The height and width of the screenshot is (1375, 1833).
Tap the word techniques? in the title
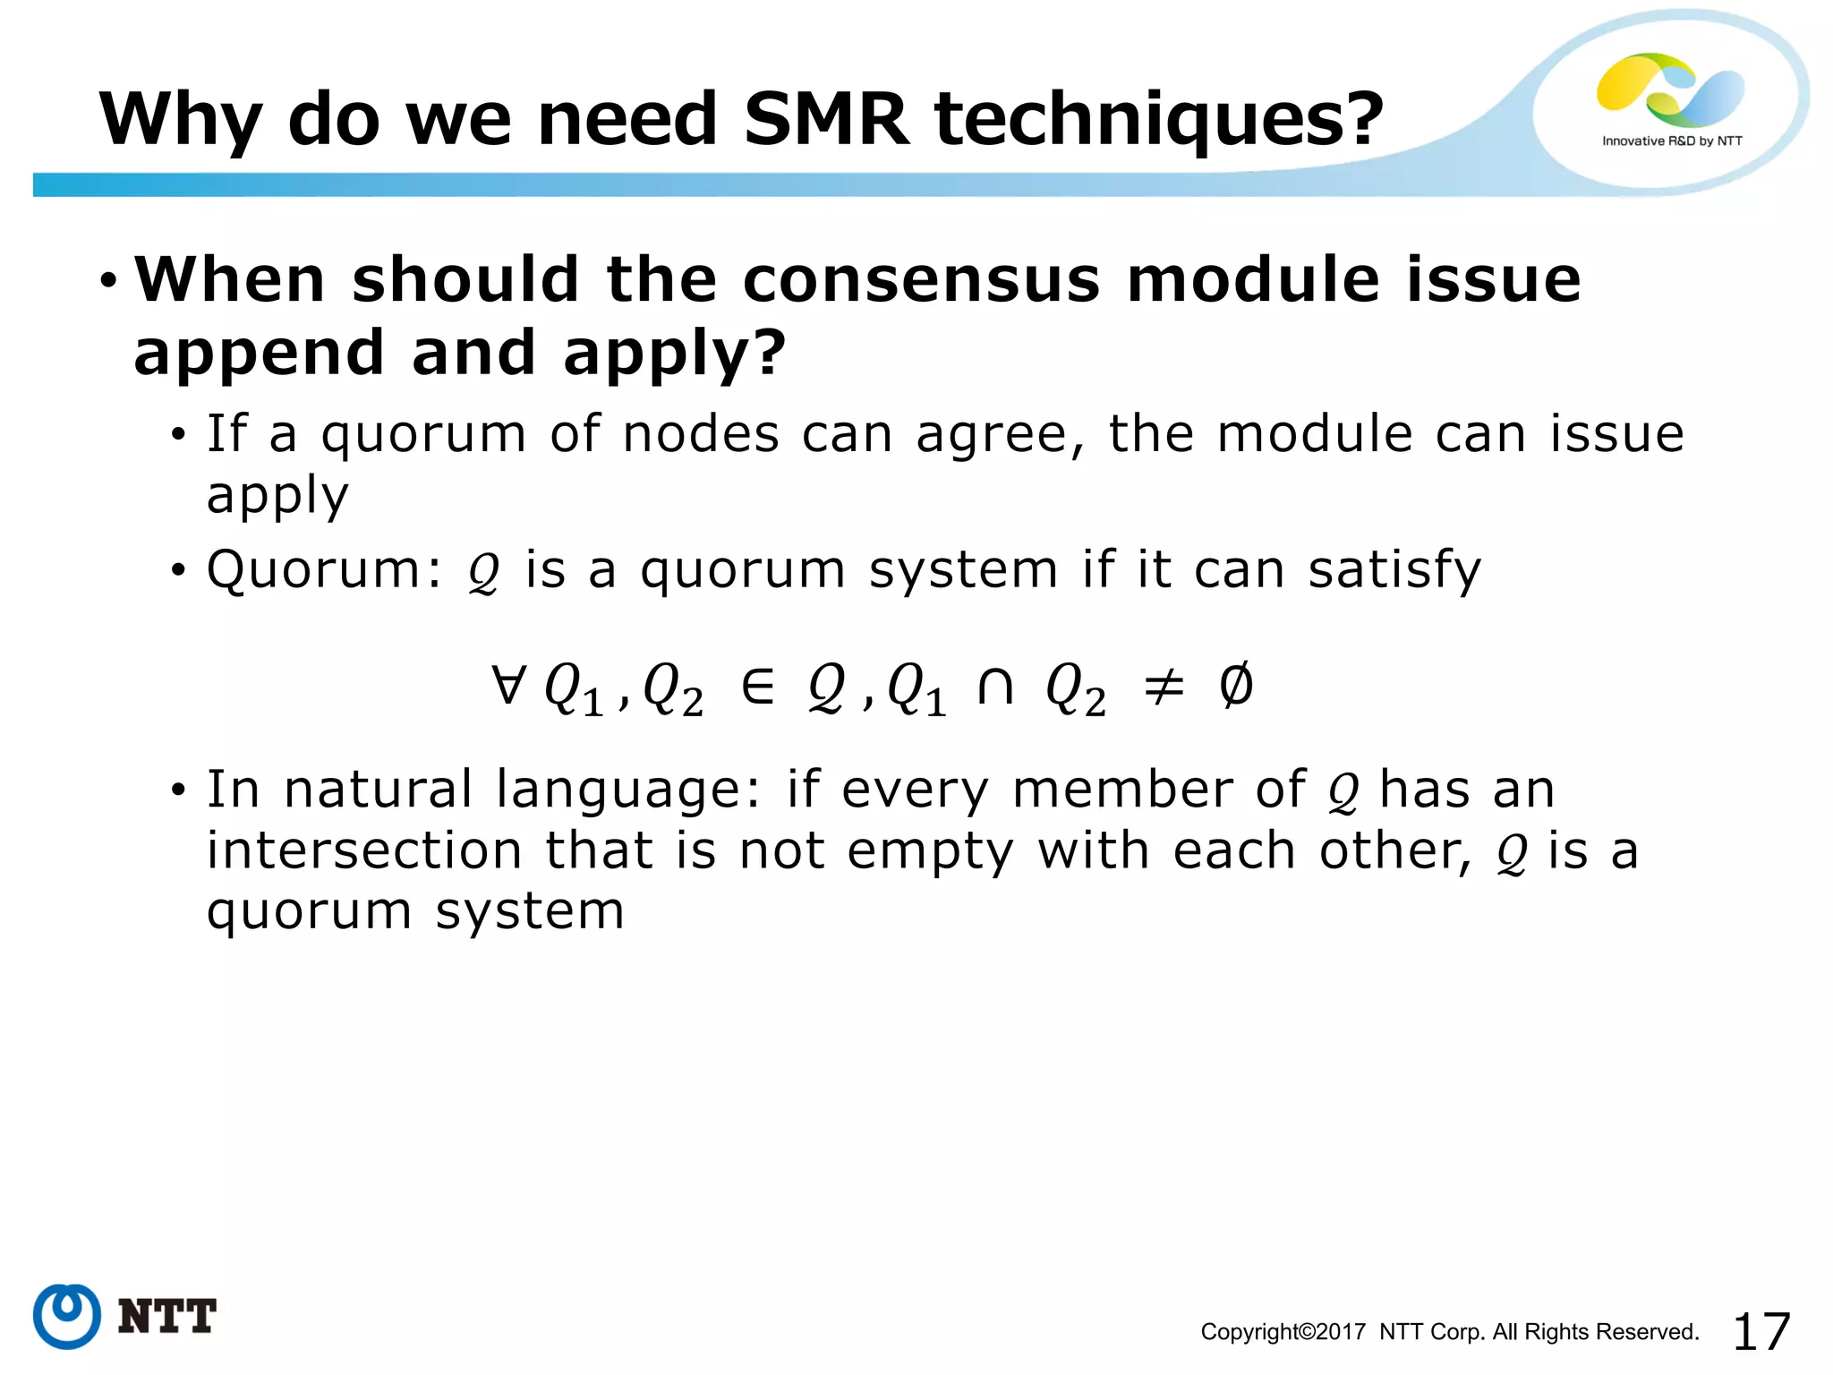(x=1159, y=121)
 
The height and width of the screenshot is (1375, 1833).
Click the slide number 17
(x=1761, y=1331)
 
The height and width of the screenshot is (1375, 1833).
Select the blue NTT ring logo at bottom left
(x=66, y=1316)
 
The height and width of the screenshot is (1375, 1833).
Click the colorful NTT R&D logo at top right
(x=1670, y=89)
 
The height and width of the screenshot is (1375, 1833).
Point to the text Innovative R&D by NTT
(x=1672, y=141)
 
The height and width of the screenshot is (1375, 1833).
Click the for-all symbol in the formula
(x=507, y=685)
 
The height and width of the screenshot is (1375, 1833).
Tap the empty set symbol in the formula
(x=1236, y=686)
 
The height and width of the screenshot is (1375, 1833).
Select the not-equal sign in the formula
(x=1164, y=687)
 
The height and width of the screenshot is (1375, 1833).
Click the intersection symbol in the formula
(x=995, y=687)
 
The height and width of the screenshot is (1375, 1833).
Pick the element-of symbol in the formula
(x=758, y=687)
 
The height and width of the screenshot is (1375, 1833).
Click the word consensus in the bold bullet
(x=921, y=279)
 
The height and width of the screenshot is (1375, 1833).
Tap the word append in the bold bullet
(x=259, y=354)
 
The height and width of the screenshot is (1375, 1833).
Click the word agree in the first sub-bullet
(x=1001, y=435)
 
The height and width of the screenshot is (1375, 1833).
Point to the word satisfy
(x=1394, y=570)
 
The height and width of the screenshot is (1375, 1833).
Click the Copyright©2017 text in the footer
(x=1283, y=1332)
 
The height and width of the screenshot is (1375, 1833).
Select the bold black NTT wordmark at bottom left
(x=167, y=1317)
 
